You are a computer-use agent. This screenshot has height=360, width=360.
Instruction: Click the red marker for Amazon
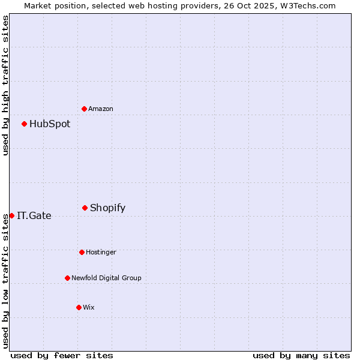(85, 109)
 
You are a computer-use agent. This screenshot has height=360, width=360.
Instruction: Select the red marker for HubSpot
(25, 124)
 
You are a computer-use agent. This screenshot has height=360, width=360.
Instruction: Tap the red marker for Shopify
(85, 208)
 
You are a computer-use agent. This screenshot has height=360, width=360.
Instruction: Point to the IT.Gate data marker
(12, 215)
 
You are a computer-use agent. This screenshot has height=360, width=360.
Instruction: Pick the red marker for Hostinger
(82, 252)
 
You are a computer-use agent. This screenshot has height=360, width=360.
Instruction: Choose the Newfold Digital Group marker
(67, 278)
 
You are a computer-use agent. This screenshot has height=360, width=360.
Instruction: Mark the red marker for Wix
(79, 307)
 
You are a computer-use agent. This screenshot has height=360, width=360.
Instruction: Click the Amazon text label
(101, 109)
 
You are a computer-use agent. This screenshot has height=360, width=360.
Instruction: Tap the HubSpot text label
(50, 124)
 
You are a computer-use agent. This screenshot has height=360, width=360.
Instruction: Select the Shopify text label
(107, 208)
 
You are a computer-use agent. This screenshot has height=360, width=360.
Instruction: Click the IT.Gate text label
(34, 216)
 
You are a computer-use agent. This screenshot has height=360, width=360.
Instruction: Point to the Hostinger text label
(101, 252)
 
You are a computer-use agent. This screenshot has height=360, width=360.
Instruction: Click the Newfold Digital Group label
(106, 278)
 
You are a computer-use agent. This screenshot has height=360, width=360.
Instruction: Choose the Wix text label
(89, 307)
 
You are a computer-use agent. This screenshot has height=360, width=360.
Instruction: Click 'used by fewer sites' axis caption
(62, 355)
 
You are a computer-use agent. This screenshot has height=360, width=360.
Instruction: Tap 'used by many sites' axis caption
(301, 355)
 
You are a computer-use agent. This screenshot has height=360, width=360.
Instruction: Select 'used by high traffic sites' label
(5, 85)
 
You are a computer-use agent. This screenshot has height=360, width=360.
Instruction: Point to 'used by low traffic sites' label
(5, 281)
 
